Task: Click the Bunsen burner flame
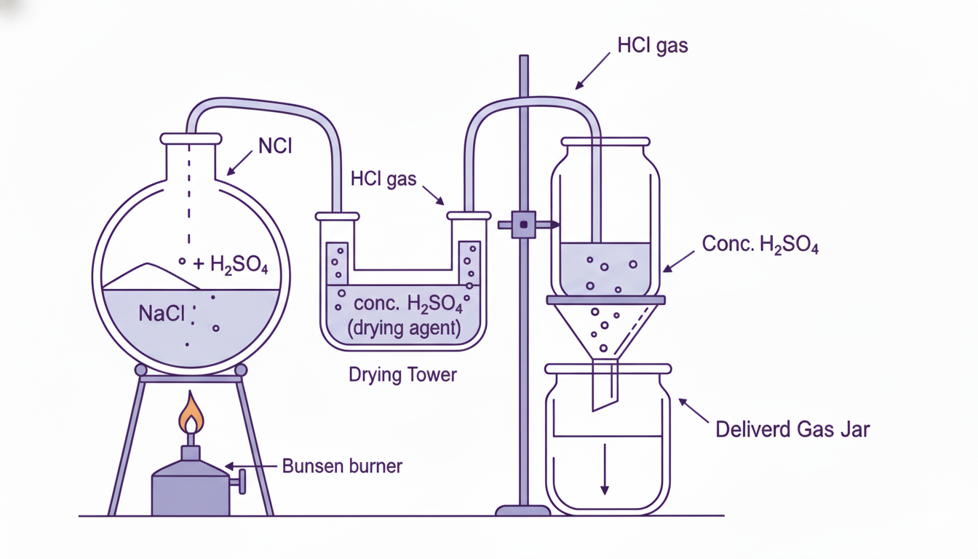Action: coord(191,413)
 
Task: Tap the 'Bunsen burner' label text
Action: coord(341,466)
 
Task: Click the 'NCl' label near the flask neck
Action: coord(274,146)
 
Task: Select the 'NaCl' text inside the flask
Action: coord(162,314)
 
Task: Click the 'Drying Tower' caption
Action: coord(402,375)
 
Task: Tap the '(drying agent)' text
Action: coord(404,328)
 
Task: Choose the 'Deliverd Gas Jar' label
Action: coord(792,429)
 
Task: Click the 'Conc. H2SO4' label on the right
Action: coord(760,245)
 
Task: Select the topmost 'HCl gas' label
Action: coord(652,46)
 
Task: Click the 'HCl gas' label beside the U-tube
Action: coord(383,178)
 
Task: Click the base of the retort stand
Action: coord(522,510)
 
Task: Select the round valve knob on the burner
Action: coord(242,480)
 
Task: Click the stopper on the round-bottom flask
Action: coord(191,138)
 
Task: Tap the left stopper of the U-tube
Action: coord(337,216)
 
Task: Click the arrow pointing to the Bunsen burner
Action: coord(251,467)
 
